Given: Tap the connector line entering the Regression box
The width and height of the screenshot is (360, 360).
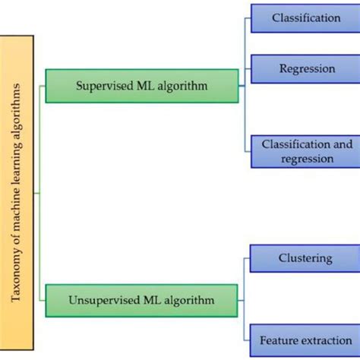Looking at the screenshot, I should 248,68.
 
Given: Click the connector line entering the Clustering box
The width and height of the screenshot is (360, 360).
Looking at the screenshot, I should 248,258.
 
